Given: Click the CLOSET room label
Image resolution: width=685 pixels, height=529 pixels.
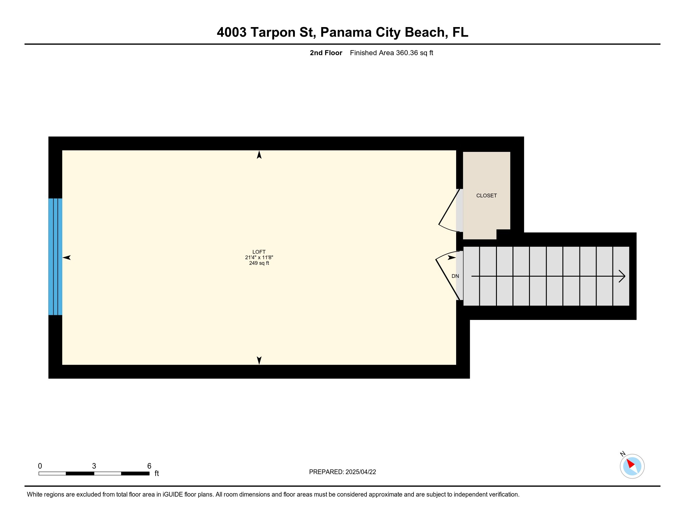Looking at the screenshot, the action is coord(486,195).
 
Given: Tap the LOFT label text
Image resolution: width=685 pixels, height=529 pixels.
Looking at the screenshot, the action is coord(259,252).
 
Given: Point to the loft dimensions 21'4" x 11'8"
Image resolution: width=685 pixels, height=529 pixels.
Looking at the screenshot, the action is coord(259,258).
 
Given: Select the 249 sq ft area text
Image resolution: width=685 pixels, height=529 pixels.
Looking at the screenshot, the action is coord(259,263).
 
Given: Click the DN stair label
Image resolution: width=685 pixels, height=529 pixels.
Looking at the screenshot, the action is coord(455,276).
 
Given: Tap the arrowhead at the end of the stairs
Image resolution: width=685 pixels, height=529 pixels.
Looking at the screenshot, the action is coord(622,276).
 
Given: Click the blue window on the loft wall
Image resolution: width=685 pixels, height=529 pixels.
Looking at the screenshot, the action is coord(55,257).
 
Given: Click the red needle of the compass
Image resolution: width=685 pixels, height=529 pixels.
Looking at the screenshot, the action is coord(630,464).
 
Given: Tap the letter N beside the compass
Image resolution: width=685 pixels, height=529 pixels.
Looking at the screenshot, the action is coord(623,454).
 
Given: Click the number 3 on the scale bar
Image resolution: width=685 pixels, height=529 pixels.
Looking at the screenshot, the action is coord(94,466).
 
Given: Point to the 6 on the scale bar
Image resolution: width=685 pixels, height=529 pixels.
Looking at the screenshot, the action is coord(149,466).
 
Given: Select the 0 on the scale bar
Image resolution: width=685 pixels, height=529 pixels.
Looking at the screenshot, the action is coord(40,466).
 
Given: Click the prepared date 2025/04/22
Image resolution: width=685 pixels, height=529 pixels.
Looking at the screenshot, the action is coord(361,472).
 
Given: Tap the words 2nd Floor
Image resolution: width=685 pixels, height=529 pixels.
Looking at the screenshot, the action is coord(326,53).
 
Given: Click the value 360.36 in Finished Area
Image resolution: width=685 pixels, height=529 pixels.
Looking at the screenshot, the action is coord(407,53).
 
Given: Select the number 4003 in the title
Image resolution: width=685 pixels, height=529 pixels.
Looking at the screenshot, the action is coord(231,32).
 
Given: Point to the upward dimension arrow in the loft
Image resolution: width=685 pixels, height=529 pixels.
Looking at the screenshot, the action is coord(259,155).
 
